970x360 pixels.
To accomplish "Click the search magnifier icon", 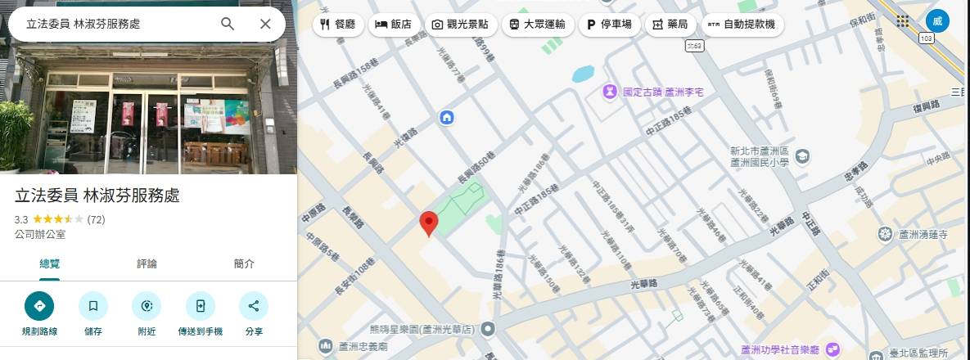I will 228,24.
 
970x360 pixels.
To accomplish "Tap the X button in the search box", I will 265,24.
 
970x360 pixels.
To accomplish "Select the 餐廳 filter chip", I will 337,25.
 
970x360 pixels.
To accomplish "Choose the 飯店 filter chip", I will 394,25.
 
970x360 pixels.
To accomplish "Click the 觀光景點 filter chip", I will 460,25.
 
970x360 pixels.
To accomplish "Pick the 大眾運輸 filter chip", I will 537,25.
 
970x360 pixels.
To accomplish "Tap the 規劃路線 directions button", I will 39,306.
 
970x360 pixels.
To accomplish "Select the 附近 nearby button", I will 147,306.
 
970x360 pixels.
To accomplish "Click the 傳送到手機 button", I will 200,306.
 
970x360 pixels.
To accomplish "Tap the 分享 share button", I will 253,306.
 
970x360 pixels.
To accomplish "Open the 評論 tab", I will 147,263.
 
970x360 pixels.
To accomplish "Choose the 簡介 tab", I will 244,263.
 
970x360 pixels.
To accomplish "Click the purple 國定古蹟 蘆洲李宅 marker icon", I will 610,92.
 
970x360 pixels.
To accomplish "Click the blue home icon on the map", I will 447,117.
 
